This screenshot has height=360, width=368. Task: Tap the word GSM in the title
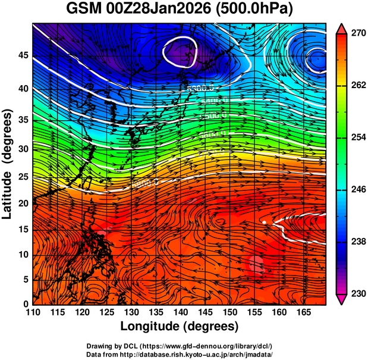pos(84,10)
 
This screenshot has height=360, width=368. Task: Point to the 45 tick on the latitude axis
pos(22,55)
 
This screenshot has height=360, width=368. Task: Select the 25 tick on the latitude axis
pos(22,177)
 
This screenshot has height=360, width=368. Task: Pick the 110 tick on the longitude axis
pos(33,312)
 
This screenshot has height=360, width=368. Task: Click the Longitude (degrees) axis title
pos(180,326)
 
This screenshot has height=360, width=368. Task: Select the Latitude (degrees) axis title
pos(8,164)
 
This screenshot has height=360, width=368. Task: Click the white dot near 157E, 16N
pos(263,222)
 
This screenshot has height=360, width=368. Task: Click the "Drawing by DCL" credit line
pos(179,346)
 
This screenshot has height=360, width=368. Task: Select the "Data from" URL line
pos(179,354)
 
